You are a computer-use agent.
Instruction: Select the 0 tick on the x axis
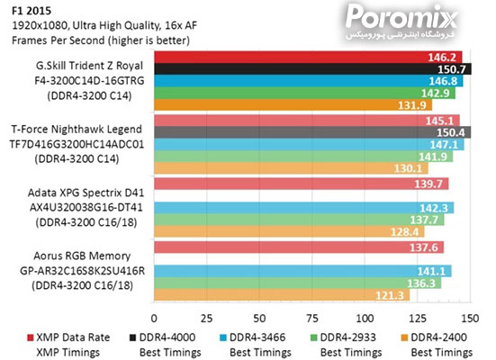coord(155,319)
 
